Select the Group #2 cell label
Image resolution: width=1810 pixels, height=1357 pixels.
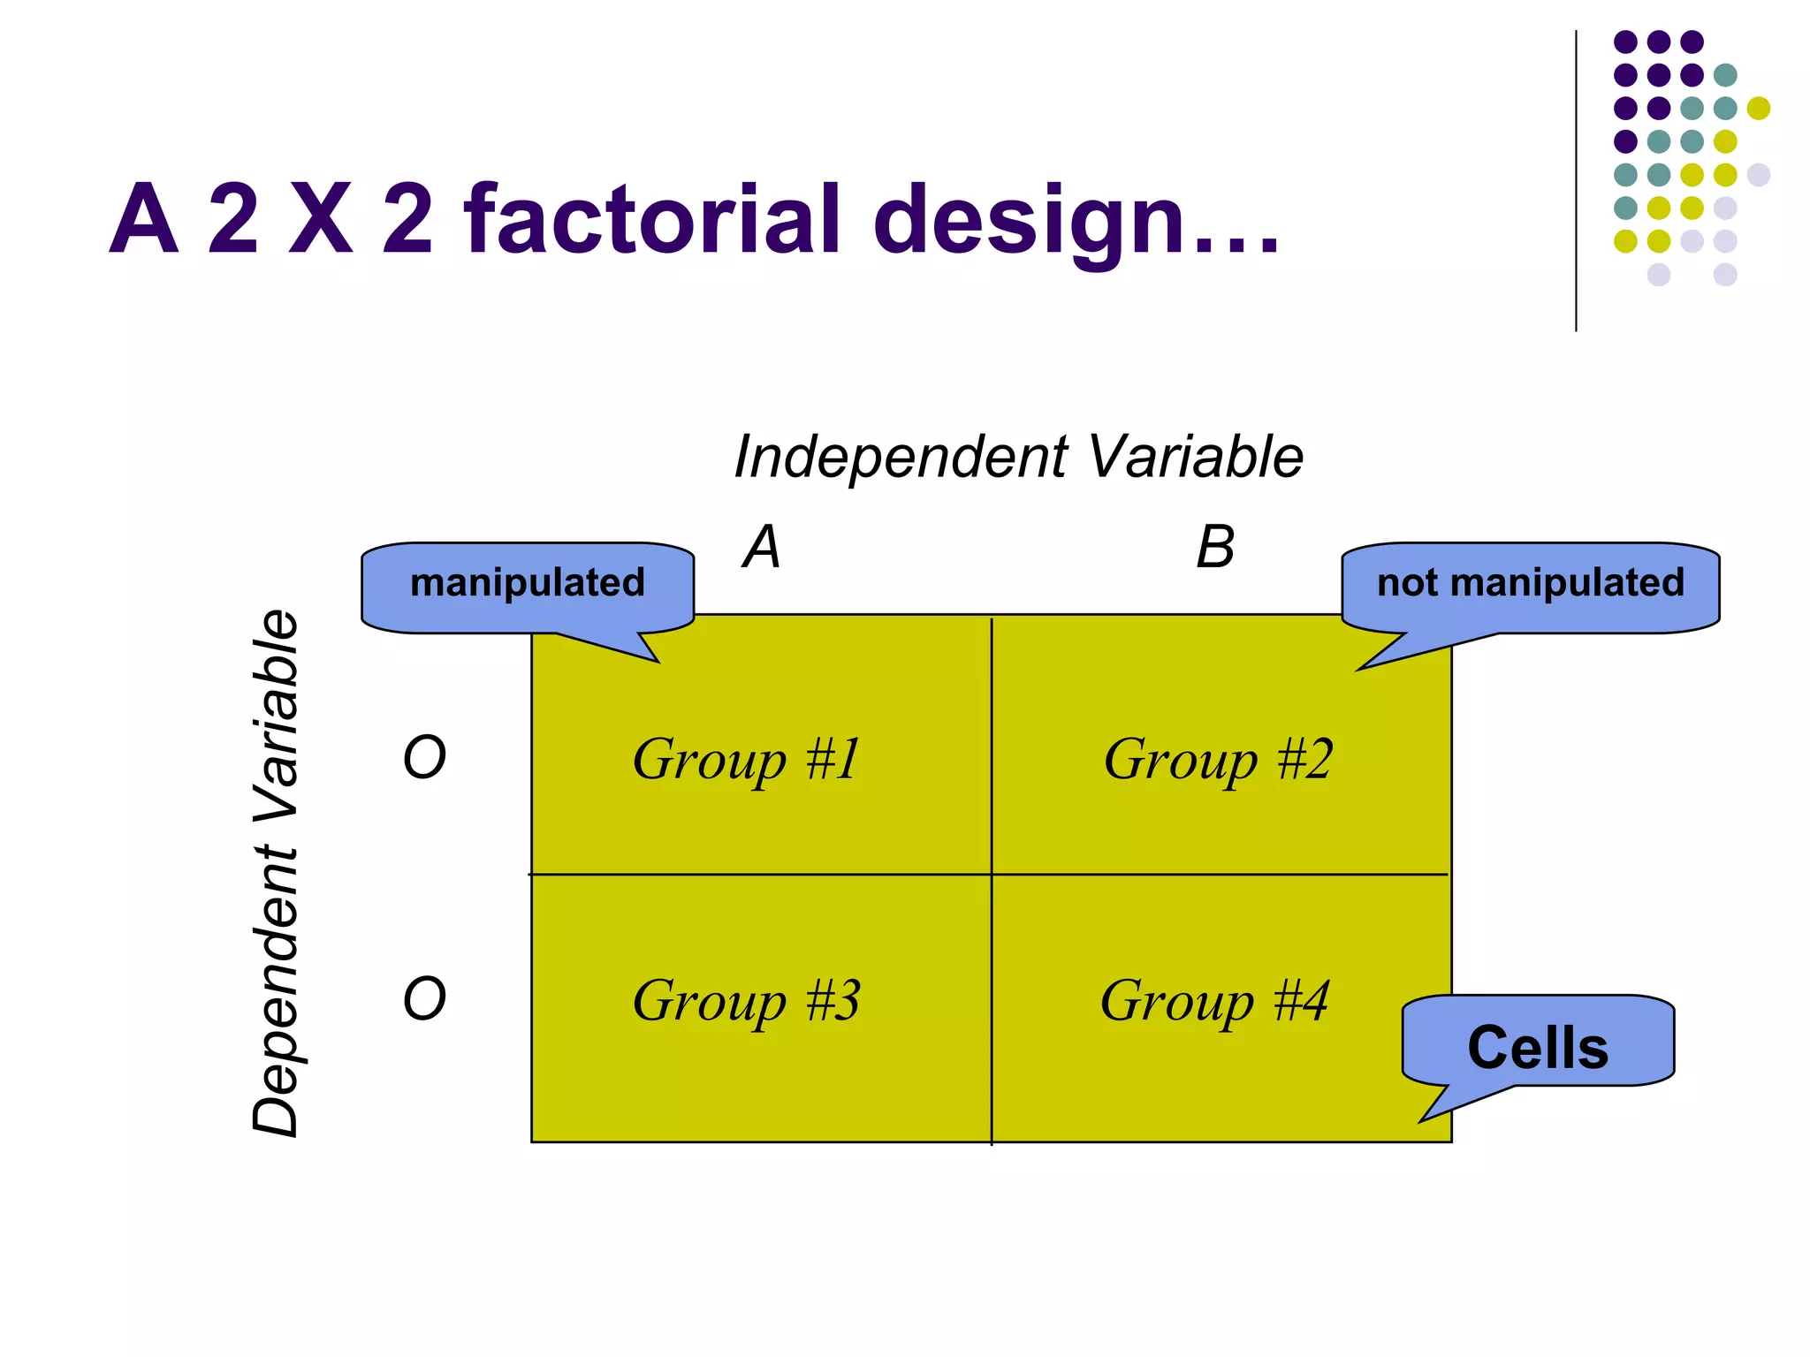pyautogui.click(x=1218, y=759)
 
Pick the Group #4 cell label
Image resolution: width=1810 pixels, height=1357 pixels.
pyautogui.click(x=1214, y=1000)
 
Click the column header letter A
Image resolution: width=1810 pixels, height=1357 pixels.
pyautogui.click(x=762, y=547)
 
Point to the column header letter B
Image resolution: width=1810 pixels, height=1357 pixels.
pyautogui.click(x=1215, y=547)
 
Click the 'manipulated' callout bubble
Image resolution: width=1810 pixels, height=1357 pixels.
pyautogui.click(x=528, y=584)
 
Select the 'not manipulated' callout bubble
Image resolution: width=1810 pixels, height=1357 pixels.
pyautogui.click(x=1531, y=584)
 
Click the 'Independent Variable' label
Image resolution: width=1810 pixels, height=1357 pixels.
pyautogui.click(x=1018, y=457)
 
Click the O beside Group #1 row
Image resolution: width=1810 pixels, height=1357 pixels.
pyautogui.click(x=424, y=758)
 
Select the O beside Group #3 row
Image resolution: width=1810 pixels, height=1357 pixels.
pyautogui.click(x=424, y=999)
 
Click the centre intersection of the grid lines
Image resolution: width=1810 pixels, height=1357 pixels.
pyautogui.click(x=992, y=875)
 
